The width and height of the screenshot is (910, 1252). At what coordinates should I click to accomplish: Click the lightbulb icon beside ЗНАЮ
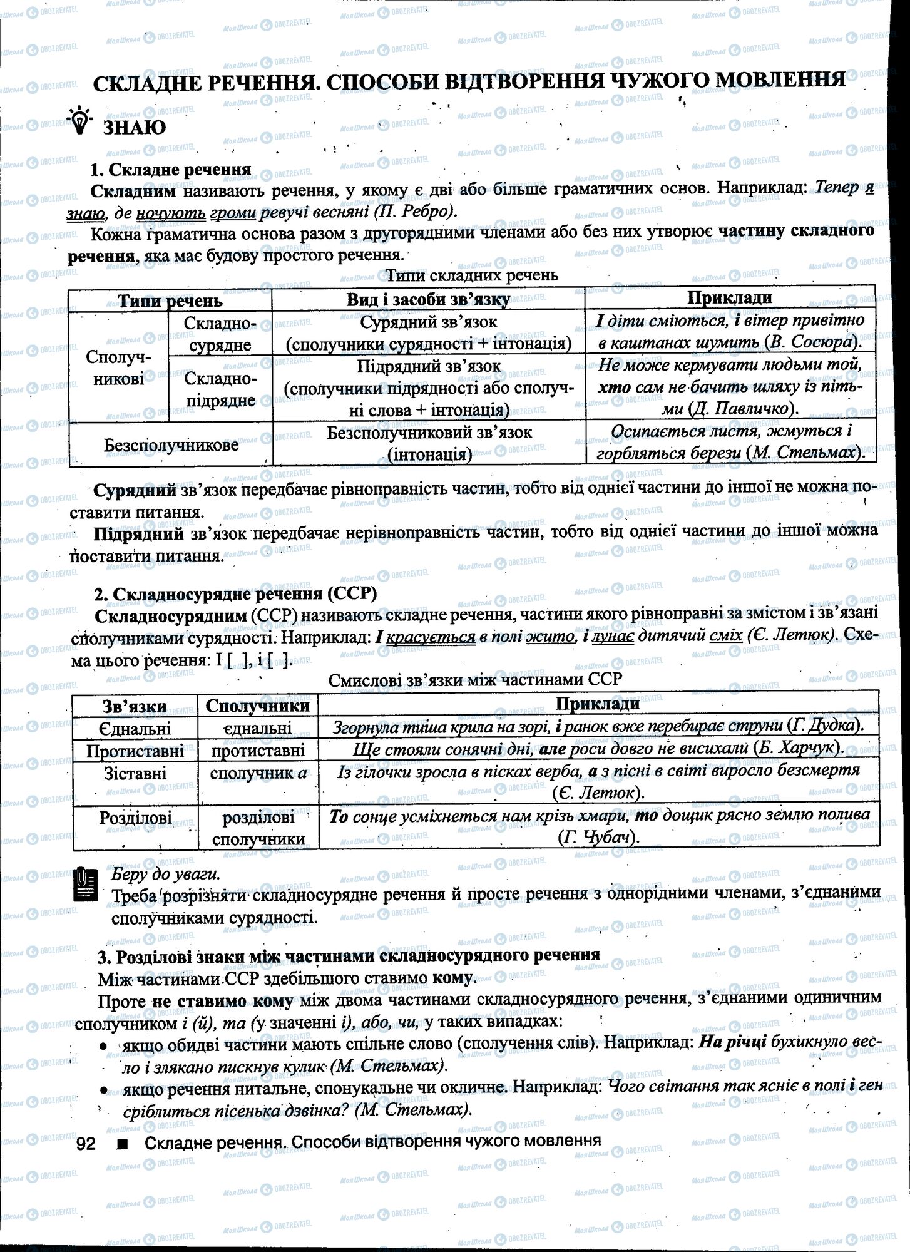coord(81,121)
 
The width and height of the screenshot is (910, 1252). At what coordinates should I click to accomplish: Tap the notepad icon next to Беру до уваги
coord(86,884)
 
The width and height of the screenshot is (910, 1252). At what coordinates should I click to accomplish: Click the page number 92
coord(85,1143)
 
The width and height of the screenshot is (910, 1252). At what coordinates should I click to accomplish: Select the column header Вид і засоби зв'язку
coord(428,299)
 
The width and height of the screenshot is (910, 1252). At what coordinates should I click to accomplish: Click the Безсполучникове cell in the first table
coord(171,445)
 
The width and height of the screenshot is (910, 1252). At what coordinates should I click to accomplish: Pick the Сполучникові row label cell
coord(118,367)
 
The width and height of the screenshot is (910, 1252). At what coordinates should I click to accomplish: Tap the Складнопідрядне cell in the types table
coord(220,389)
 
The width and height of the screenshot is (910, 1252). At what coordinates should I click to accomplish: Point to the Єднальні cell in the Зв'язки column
coord(135,728)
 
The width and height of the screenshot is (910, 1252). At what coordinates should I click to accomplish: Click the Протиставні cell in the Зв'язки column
coord(135,751)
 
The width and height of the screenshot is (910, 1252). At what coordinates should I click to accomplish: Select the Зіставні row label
coord(135,773)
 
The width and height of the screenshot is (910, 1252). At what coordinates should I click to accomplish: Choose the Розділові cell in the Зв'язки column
coord(135,818)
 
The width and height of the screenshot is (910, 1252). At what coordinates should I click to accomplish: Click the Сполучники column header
coord(257,706)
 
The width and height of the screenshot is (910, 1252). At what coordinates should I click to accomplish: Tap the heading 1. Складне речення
coord(170,170)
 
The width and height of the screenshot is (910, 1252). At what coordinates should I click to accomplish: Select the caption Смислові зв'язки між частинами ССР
coord(475,679)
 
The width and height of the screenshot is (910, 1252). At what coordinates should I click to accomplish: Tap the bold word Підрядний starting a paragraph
coord(138,533)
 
